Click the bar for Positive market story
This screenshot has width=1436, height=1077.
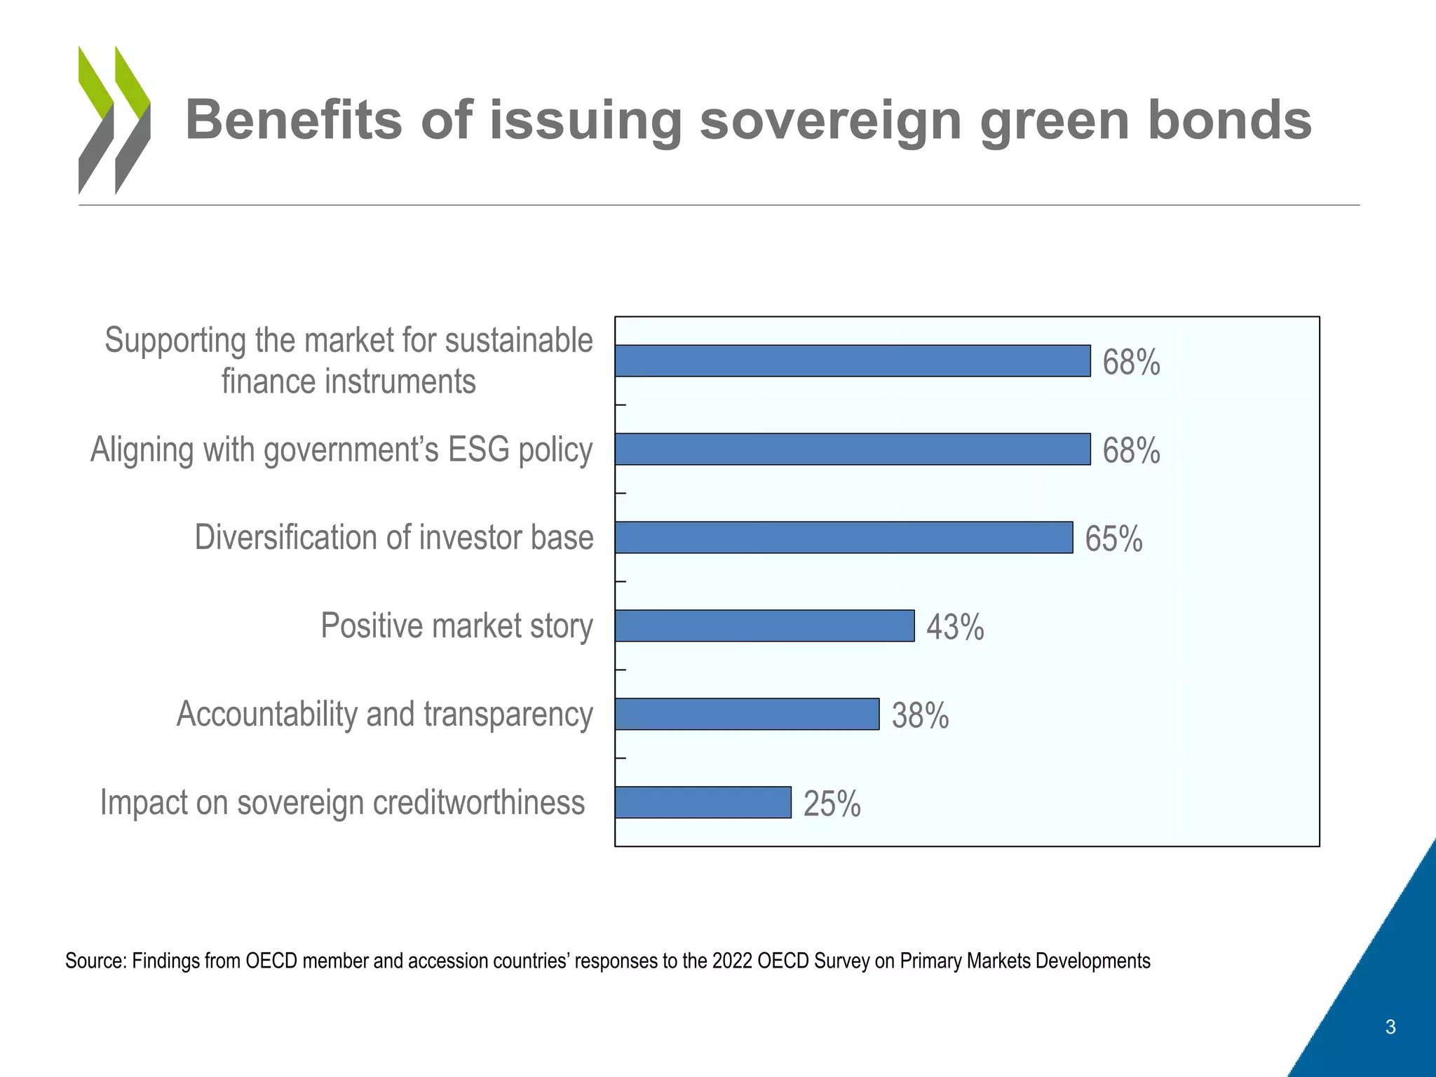point(764,625)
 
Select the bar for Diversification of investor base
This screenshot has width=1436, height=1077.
point(844,537)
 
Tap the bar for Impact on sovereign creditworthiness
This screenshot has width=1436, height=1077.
point(703,802)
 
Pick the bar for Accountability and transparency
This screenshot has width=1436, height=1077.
point(747,714)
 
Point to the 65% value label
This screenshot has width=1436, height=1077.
point(1113,539)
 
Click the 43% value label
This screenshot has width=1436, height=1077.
point(955,627)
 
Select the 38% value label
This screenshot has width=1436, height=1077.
point(920,716)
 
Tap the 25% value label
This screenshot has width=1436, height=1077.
point(832,804)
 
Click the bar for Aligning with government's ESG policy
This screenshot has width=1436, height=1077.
point(853,449)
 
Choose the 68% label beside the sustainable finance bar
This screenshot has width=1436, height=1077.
point(1131,363)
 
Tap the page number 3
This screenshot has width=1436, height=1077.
point(1390,1027)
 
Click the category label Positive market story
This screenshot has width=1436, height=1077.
point(456,625)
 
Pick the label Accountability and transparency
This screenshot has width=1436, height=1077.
point(384,714)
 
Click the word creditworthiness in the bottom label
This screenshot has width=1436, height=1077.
point(478,802)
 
